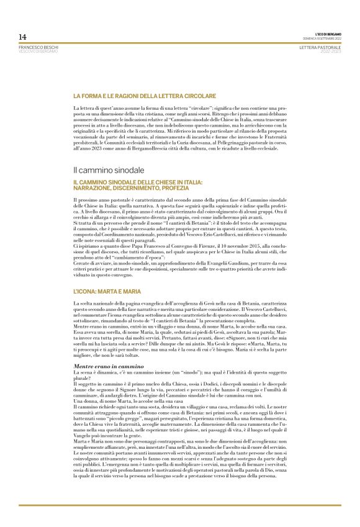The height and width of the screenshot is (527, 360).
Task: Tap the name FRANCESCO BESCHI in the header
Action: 38,47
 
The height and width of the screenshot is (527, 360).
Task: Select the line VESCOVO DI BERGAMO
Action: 38,51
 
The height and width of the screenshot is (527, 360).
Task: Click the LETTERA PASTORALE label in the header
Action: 320,47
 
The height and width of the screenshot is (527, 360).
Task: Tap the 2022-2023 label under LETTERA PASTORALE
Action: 329,51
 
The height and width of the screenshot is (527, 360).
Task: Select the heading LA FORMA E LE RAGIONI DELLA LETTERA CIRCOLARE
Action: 144,96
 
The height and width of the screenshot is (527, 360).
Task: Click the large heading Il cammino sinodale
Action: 108,169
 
